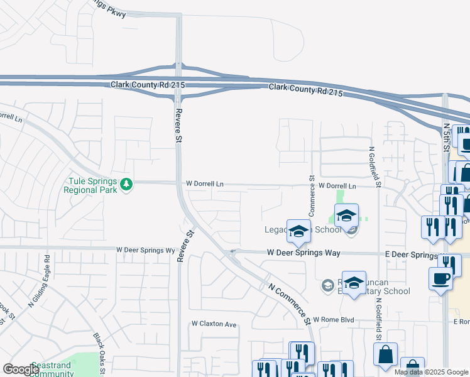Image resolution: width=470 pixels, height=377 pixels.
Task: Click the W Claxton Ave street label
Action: pos(214,324)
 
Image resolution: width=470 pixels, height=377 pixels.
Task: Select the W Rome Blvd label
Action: pos(334,320)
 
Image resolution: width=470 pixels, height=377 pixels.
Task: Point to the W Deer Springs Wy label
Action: pos(145,250)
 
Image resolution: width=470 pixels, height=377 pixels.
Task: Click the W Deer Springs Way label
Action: pos(303,253)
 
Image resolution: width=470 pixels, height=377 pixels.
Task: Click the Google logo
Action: pos(20,369)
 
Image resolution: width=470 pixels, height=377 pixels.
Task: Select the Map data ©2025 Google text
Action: pos(431,372)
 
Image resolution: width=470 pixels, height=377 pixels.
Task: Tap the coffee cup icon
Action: pos(441,278)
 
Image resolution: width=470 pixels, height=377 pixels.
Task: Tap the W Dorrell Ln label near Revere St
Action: pos(204,184)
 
